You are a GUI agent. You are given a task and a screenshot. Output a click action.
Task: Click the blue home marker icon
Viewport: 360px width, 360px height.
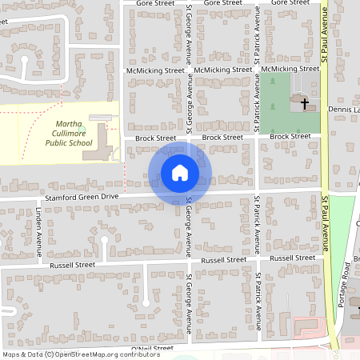click(x=180, y=172)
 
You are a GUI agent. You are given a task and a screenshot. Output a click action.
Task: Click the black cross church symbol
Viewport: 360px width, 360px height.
click(x=303, y=102)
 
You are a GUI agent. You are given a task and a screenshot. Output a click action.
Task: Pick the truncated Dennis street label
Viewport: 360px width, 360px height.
click(x=344, y=110)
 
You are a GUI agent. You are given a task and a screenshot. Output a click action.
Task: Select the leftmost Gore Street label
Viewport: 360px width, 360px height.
click(x=155, y=3)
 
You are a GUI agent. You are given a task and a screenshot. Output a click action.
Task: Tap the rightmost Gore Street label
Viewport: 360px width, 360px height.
click(x=290, y=3)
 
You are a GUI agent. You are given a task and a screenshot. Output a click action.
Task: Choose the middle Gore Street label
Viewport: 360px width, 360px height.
click(x=222, y=3)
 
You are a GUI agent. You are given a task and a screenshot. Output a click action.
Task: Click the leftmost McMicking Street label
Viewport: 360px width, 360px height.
click(x=155, y=70)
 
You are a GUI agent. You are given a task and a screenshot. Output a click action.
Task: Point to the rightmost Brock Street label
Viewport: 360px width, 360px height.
click(x=290, y=137)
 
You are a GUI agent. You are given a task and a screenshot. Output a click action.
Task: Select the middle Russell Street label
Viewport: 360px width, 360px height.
click(x=225, y=260)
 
